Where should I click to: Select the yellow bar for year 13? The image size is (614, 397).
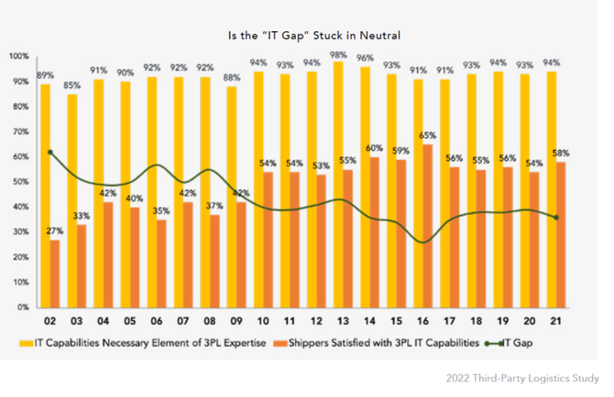(x=337, y=183)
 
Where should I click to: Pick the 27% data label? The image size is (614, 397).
(x=56, y=231)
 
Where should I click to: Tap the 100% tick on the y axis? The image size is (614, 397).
(x=19, y=57)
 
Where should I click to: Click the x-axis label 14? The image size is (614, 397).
(x=364, y=321)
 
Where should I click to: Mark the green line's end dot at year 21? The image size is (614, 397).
(x=555, y=217)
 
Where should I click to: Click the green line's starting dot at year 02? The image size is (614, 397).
(x=50, y=153)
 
